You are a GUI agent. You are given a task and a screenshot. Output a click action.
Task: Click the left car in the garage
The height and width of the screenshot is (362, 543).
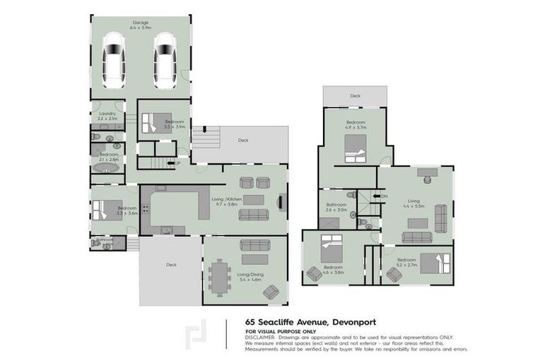tap(114, 61)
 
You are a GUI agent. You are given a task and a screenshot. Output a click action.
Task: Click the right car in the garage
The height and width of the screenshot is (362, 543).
tap(165, 61)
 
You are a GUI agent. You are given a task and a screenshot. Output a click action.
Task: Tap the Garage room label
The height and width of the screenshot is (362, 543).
tap(139, 22)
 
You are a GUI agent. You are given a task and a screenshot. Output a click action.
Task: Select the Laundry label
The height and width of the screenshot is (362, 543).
tap(107, 112)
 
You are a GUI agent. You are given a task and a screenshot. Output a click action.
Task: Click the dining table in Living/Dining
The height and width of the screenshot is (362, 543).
tap(221, 276)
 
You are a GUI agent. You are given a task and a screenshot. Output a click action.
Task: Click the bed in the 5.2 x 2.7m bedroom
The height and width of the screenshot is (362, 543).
tap(429, 262)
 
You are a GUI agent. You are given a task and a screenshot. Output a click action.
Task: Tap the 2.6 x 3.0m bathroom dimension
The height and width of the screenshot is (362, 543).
tap(336, 210)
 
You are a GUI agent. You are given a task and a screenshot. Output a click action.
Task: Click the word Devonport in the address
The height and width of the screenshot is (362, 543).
tap(322, 320)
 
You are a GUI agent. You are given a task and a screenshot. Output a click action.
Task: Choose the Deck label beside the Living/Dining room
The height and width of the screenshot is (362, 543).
tap(171, 265)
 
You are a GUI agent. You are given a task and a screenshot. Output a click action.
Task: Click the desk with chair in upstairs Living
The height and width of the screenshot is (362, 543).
tap(428, 172)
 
